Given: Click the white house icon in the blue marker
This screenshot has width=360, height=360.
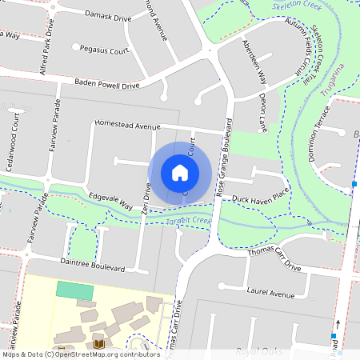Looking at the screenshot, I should (180, 172).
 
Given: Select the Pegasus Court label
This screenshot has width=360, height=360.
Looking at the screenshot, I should (102, 50).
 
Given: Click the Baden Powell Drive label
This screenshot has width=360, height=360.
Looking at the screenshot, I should (106, 83).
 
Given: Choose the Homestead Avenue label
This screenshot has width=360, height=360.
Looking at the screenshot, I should (127, 125).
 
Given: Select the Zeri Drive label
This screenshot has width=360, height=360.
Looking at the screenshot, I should (146, 201).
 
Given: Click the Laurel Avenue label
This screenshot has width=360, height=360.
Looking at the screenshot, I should (271, 294).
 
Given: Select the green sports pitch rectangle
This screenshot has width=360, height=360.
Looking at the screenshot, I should (74, 290).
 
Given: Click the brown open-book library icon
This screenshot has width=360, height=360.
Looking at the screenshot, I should (99, 344).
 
